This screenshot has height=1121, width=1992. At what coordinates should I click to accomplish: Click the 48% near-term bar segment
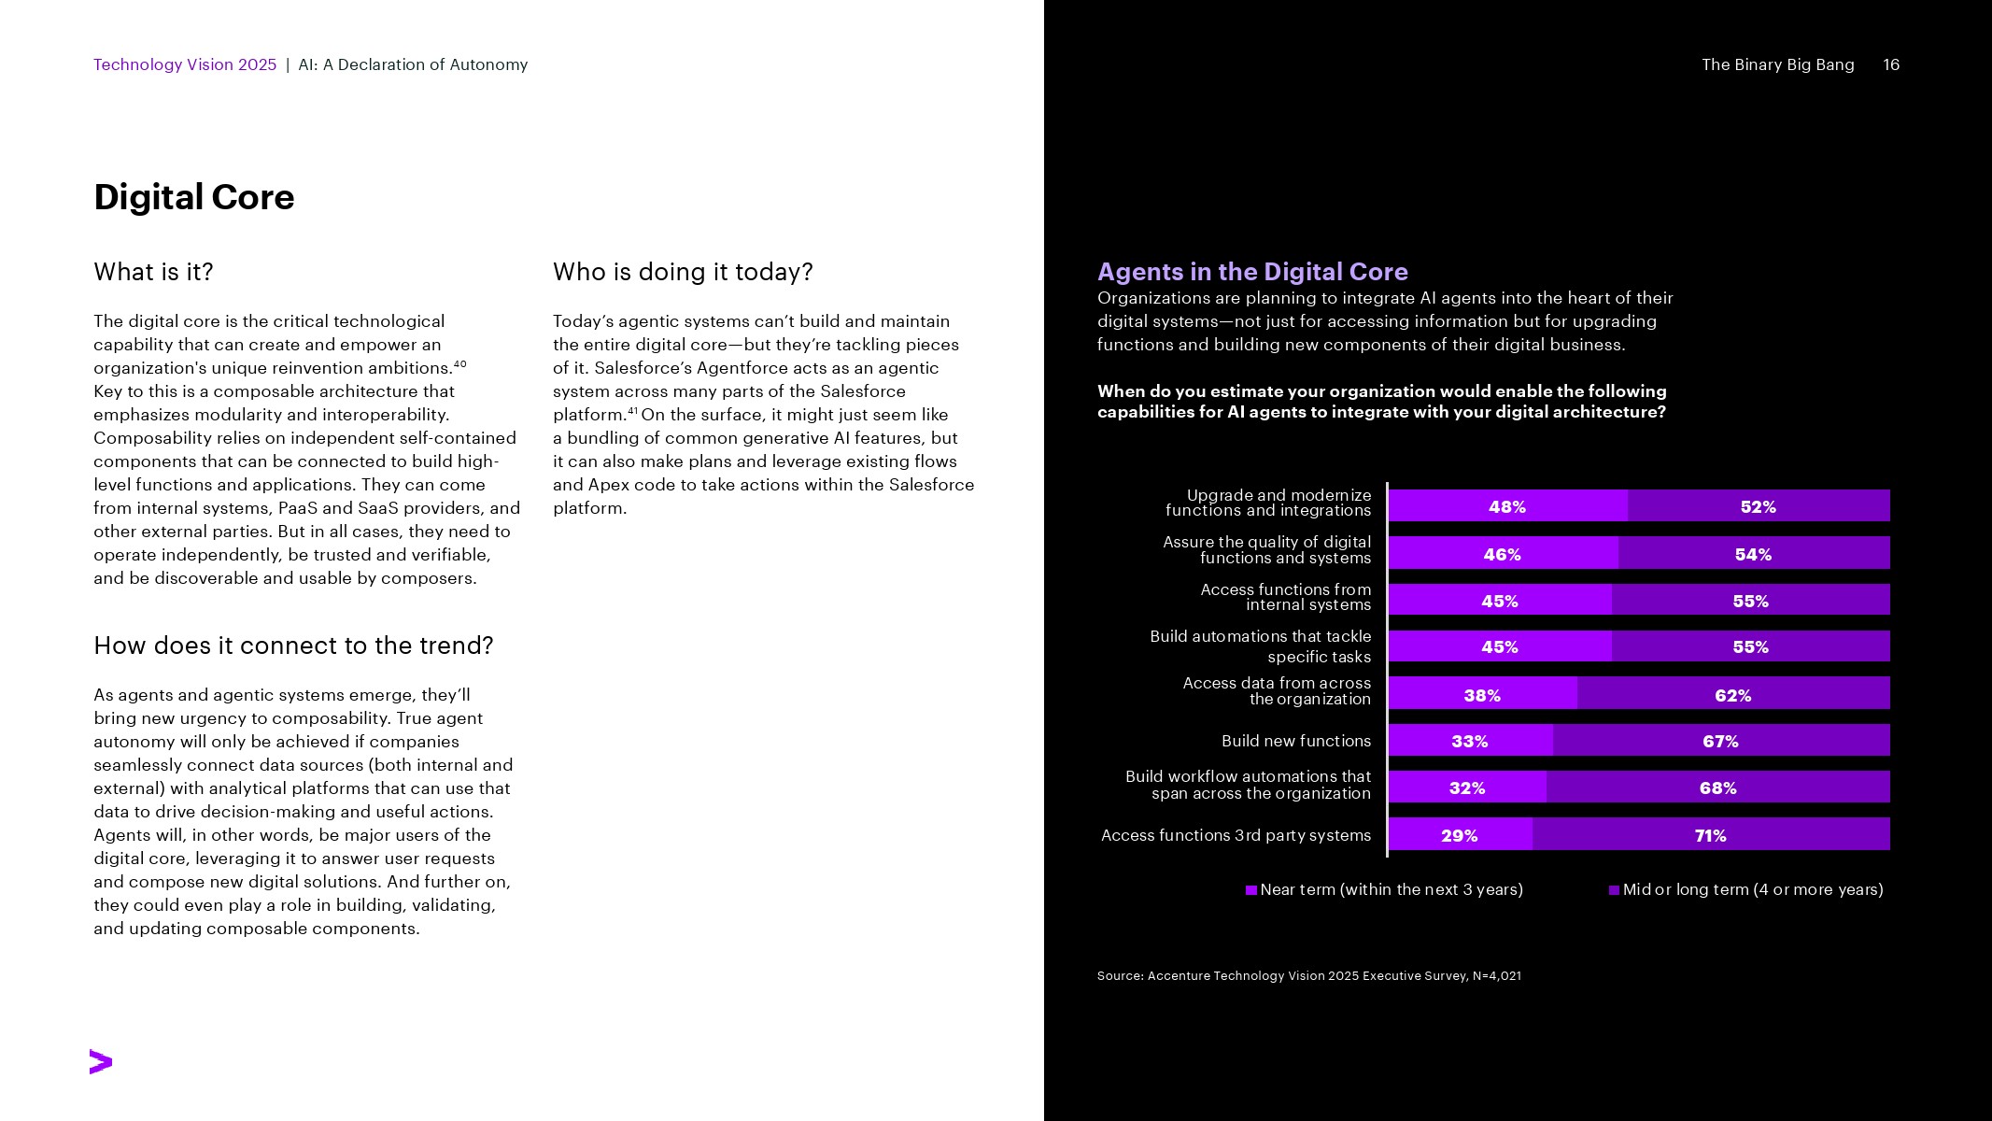click(x=1507, y=506)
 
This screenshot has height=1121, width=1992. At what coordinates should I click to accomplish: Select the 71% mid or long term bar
click(x=1711, y=835)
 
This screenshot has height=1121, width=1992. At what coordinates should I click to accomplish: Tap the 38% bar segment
click(x=1482, y=695)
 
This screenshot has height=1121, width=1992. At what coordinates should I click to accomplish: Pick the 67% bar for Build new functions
click(x=1720, y=741)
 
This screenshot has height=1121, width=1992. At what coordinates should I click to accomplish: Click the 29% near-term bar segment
click(x=1459, y=835)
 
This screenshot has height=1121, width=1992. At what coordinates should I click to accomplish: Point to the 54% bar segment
click(x=1753, y=554)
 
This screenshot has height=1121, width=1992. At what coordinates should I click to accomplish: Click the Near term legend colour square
click(x=1251, y=890)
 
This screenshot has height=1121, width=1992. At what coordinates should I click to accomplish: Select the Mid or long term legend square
click(x=1614, y=890)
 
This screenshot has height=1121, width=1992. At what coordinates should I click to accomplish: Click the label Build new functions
click(x=1296, y=741)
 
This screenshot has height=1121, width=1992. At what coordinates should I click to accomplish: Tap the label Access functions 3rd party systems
click(x=1236, y=835)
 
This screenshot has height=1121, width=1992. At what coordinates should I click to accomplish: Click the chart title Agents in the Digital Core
click(x=1252, y=272)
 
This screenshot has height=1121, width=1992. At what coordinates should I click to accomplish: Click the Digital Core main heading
click(x=194, y=197)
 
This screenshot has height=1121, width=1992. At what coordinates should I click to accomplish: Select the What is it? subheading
click(x=153, y=272)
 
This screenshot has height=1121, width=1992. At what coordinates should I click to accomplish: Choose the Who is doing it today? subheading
click(x=683, y=272)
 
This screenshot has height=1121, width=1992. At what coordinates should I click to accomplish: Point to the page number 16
click(x=1891, y=64)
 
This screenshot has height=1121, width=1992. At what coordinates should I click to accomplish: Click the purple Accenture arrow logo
click(x=101, y=1062)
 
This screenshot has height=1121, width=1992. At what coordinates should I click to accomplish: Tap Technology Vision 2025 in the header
click(x=185, y=64)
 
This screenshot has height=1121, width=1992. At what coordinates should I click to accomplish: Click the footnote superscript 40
click(x=459, y=363)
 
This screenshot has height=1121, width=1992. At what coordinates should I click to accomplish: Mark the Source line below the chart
click(x=1308, y=975)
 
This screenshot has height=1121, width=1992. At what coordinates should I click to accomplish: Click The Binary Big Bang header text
click(x=1777, y=64)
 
